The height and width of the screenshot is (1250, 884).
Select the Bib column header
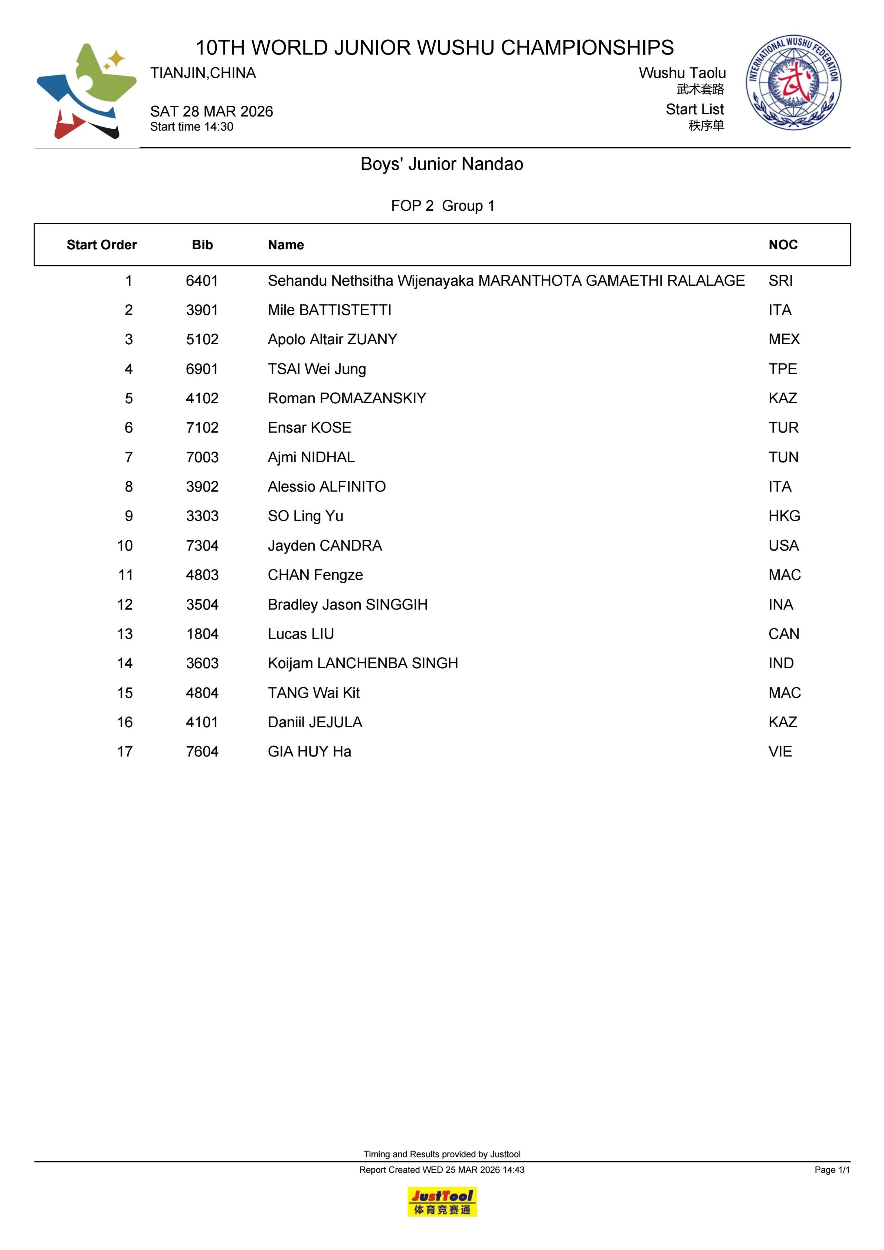point(202,245)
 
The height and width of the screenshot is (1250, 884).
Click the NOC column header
point(783,245)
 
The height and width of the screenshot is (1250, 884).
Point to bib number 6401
point(202,281)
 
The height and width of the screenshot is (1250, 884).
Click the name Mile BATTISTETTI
point(330,310)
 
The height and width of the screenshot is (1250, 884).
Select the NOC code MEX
point(784,340)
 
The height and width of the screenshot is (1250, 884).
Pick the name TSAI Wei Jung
point(317,369)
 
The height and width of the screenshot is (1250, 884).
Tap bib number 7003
point(202,457)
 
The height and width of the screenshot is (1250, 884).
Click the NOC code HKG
point(784,516)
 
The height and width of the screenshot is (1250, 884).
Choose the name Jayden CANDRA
point(325,545)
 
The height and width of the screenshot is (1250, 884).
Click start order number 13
point(125,634)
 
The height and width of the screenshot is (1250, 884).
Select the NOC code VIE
point(780,752)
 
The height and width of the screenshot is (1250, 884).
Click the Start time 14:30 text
point(192,127)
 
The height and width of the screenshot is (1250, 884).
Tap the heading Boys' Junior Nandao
point(442,164)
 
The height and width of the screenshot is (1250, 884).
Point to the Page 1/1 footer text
point(832,1169)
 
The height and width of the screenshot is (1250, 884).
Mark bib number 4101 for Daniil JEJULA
point(202,722)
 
